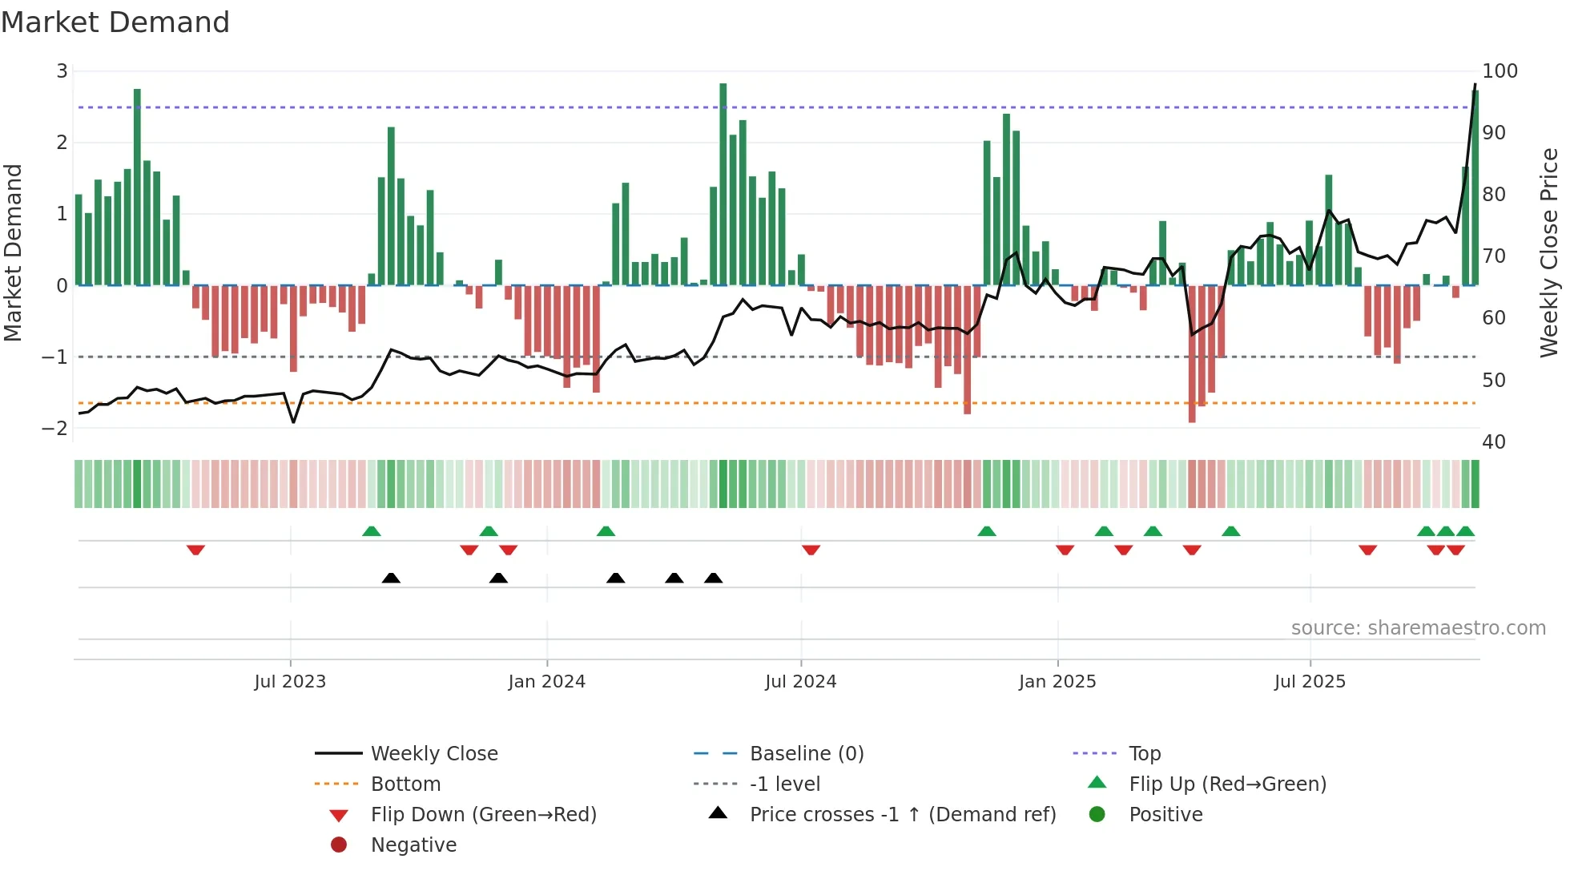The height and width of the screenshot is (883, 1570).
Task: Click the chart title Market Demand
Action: point(115,22)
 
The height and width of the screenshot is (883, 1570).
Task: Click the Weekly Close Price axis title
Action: point(1549,252)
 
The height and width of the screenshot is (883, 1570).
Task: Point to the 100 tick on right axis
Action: point(1500,71)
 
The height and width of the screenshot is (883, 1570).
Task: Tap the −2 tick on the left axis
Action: point(54,428)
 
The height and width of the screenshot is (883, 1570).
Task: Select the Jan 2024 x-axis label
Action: point(546,682)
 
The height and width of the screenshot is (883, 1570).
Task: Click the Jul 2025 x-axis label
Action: point(1310,682)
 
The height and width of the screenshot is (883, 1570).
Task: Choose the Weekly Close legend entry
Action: point(433,754)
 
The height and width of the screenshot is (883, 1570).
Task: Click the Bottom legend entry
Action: point(405,784)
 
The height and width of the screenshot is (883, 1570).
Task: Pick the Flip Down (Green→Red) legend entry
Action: point(483,815)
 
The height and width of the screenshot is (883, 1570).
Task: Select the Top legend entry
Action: point(1144,754)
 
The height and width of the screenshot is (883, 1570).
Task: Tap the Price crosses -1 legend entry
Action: point(902,815)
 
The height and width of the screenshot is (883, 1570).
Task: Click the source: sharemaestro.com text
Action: point(1418,628)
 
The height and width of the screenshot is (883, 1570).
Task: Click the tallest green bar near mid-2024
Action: point(723,184)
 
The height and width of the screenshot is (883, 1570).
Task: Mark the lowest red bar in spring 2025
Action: point(1192,353)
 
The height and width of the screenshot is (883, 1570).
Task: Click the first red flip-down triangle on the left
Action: point(195,550)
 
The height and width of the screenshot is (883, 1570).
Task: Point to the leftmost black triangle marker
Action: point(391,578)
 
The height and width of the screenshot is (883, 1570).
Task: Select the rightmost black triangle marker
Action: point(713,578)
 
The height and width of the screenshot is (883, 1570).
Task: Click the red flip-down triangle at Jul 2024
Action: point(811,550)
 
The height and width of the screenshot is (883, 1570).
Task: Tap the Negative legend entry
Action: point(413,845)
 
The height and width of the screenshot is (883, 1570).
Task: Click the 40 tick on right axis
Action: point(1493,442)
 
